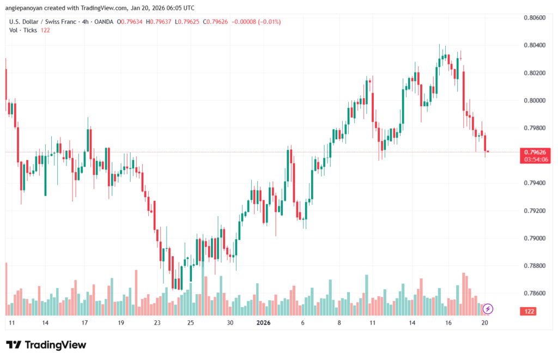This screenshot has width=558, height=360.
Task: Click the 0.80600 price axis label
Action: point(534,17)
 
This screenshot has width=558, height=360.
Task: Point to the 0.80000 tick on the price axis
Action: point(534,101)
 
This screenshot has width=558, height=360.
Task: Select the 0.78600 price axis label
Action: point(534,293)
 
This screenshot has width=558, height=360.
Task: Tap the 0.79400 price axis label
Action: point(534,183)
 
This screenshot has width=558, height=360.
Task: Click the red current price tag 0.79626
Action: point(534,151)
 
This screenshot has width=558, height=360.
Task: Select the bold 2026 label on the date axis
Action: point(264,323)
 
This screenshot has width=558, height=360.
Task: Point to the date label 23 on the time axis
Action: point(157,323)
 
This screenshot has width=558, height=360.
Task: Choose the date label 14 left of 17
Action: point(45,323)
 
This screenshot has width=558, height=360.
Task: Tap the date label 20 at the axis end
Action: point(484,323)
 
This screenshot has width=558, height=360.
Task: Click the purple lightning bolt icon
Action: point(488,309)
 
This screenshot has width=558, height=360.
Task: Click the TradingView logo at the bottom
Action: point(46,345)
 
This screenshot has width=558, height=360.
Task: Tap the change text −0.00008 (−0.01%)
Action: point(257,22)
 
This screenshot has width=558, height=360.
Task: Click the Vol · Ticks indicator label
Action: point(23,30)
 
